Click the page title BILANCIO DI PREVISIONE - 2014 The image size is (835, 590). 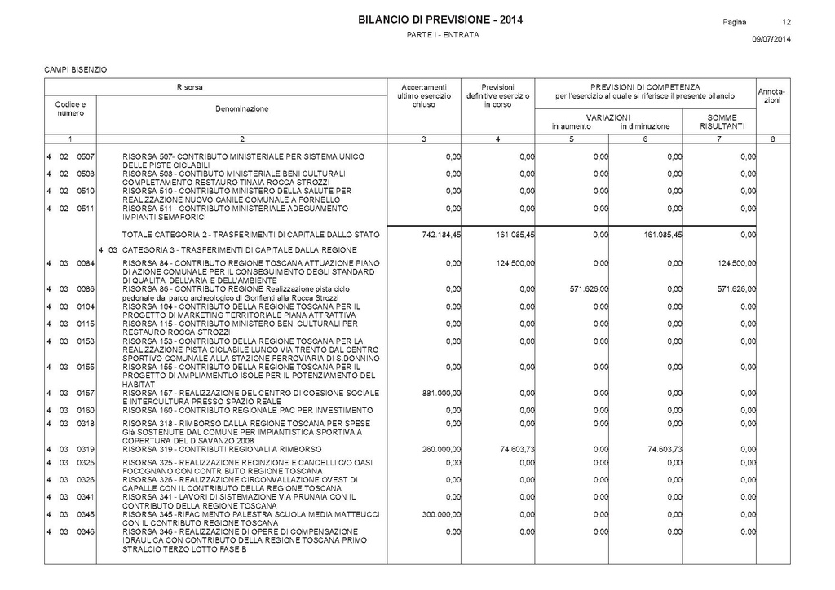[x=440, y=20]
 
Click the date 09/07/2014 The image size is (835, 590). [x=771, y=39]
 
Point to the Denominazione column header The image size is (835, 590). [x=241, y=108]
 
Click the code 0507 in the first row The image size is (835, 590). [x=86, y=155]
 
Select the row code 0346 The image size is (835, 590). [x=86, y=531]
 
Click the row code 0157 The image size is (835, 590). [x=86, y=393]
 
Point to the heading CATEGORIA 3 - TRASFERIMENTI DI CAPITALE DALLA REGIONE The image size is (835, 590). [x=239, y=249]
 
